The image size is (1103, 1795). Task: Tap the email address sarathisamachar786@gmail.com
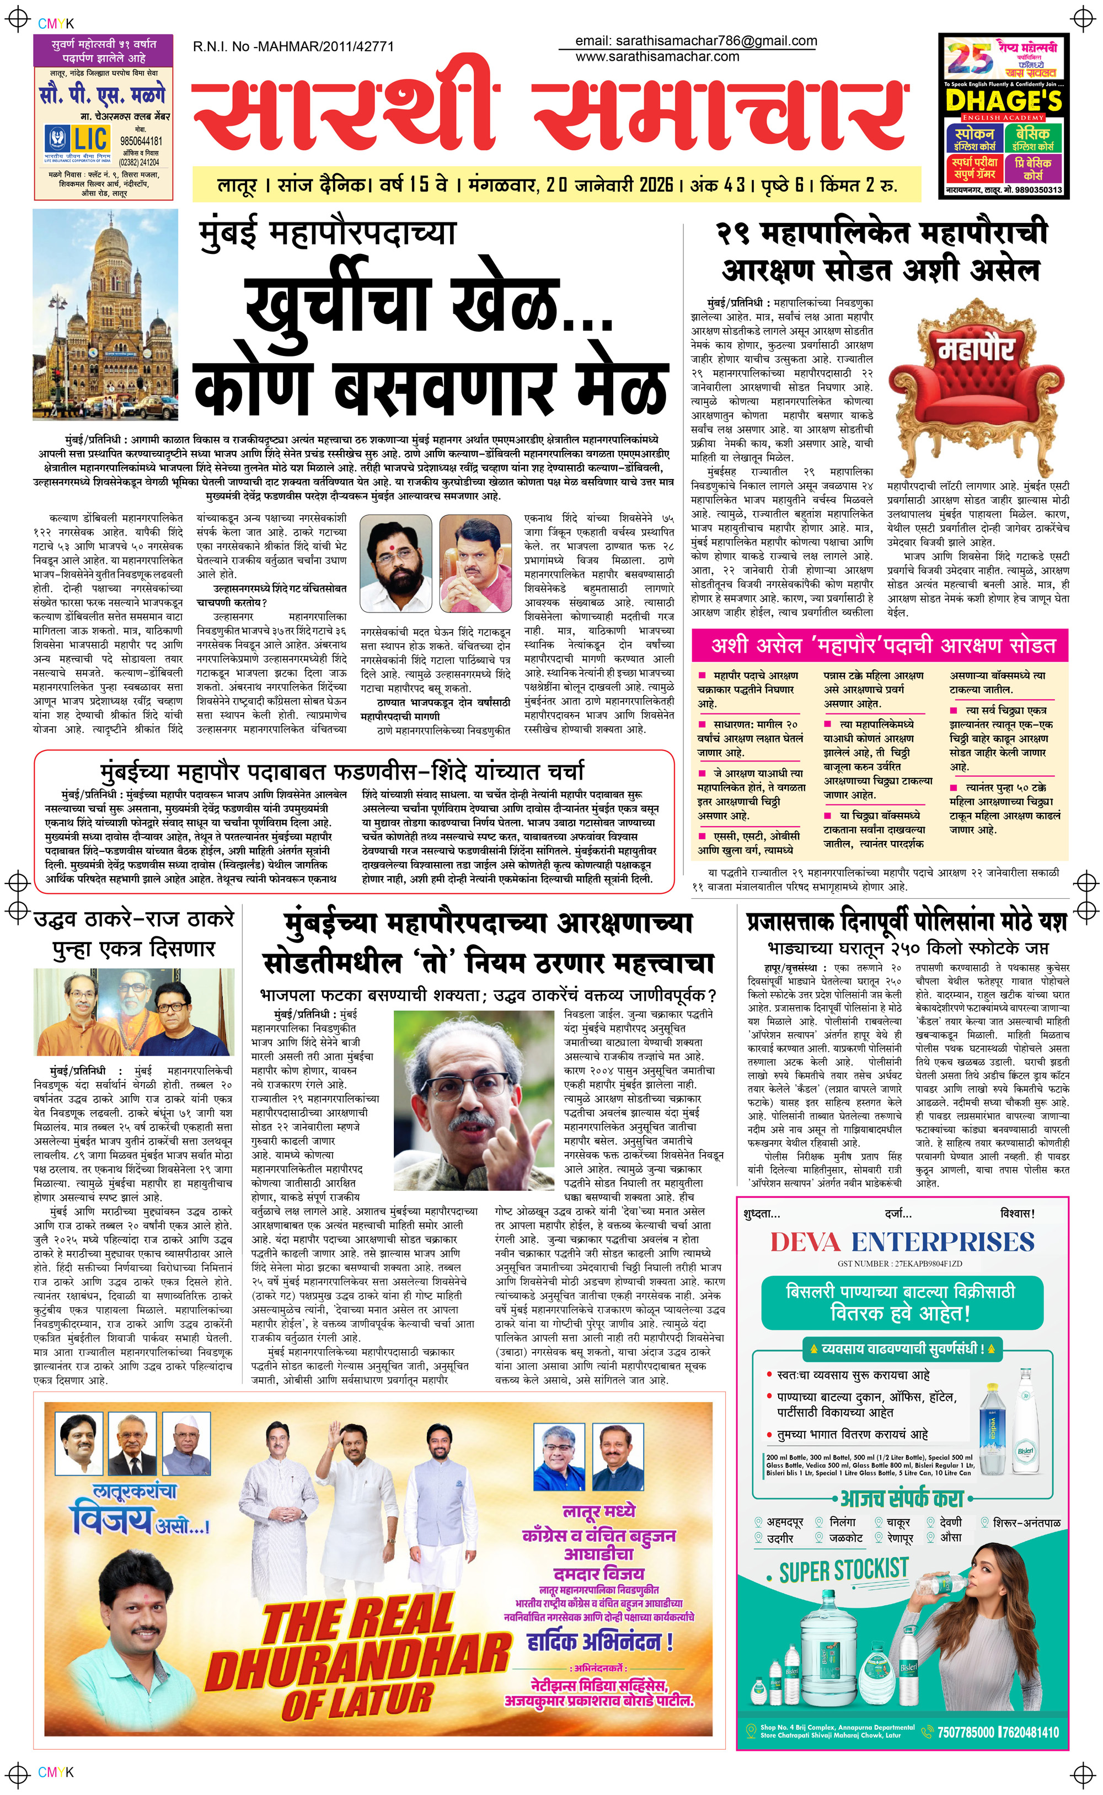695,41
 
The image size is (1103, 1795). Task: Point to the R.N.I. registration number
293,47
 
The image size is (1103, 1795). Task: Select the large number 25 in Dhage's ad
969,58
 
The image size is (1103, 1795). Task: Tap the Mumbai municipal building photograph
105,315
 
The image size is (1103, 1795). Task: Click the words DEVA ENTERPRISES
902,1241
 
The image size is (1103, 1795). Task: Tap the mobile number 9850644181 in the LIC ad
142,141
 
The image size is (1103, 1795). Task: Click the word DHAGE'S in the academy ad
1004,100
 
